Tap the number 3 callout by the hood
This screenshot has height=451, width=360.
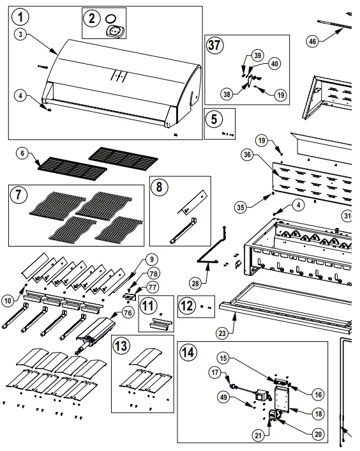tap(21, 34)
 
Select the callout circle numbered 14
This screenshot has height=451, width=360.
tap(187, 352)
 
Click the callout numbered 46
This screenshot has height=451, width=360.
tap(312, 42)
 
